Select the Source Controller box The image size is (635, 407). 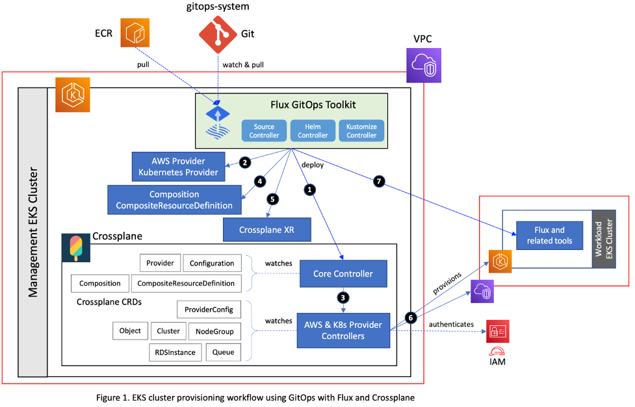pyautogui.click(x=265, y=130)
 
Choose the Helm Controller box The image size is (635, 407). pyautogui.click(x=313, y=130)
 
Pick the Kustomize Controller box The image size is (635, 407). pyautogui.click(x=361, y=130)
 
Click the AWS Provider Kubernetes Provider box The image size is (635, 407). pyautogui.click(x=178, y=167)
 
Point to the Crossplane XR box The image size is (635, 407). pyautogui.click(x=266, y=228)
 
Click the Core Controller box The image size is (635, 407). pyautogui.click(x=343, y=273)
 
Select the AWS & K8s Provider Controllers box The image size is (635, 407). pyautogui.click(x=343, y=330)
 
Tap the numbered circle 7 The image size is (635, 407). pyautogui.click(x=379, y=182)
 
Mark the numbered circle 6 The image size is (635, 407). pyautogui.click(x=410, y=317)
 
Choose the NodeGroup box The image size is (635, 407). pyautogui.click(x=213, y=331)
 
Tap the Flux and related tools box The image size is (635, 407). pyautogui.click(x=550, y=236)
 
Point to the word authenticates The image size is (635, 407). pyautogui.click(x=451, y=324)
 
